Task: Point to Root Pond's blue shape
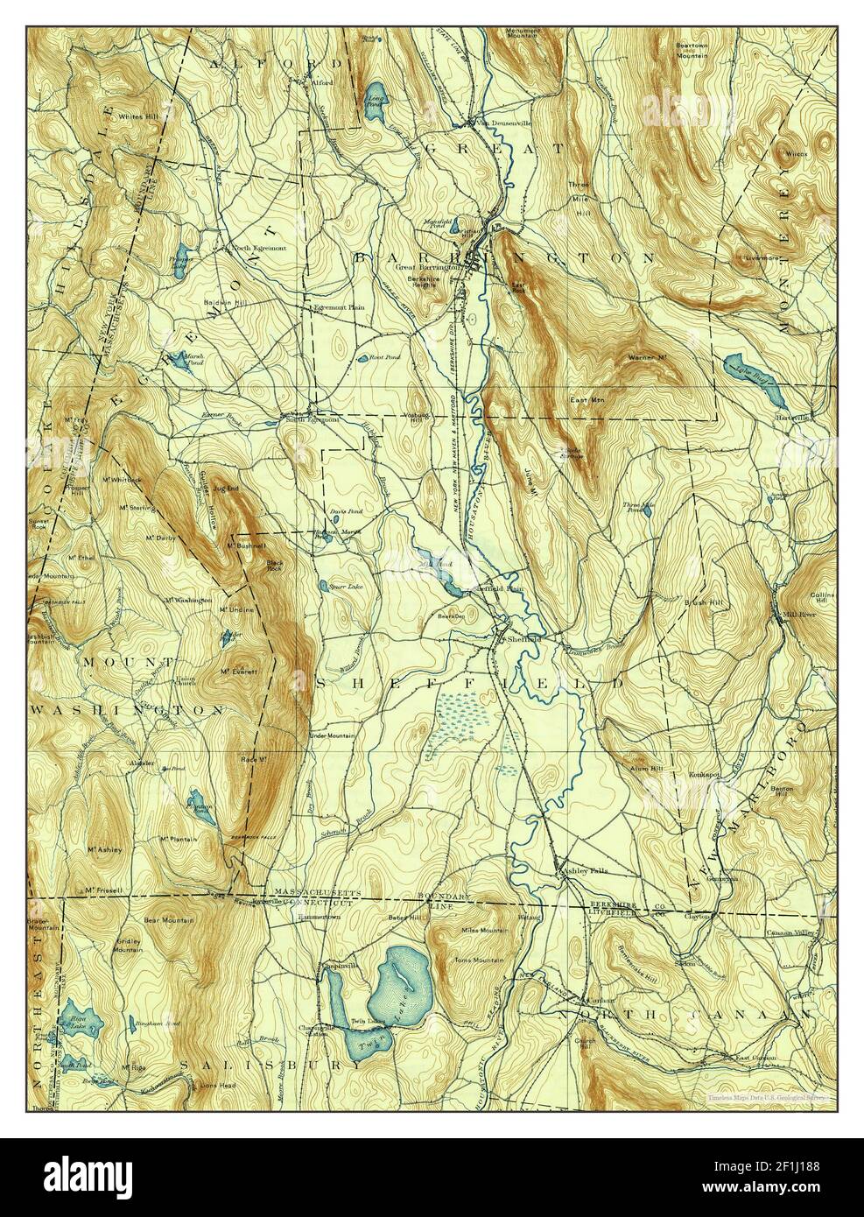coord(362,359)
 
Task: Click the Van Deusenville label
coord(496,123)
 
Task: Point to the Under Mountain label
coord(333,735)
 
